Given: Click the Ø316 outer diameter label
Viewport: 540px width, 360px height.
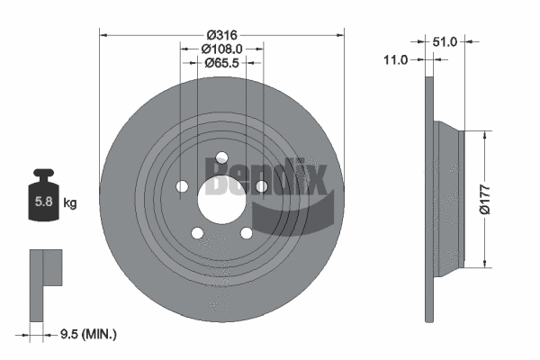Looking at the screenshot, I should coord(221,34).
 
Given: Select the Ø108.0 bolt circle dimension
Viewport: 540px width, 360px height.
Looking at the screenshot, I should coord(221,49).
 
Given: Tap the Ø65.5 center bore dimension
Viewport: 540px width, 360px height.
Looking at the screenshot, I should coord(221,63).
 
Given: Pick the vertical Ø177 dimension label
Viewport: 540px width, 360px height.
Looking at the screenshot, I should coord(486,199).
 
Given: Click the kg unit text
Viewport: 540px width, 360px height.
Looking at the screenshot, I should coord(69,203).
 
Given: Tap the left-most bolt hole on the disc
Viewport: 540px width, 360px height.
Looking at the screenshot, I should coord(181,187).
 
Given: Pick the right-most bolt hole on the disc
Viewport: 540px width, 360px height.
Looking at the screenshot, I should coord(262,186).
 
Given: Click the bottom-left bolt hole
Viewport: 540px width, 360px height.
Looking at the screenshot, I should coord(196,234).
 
